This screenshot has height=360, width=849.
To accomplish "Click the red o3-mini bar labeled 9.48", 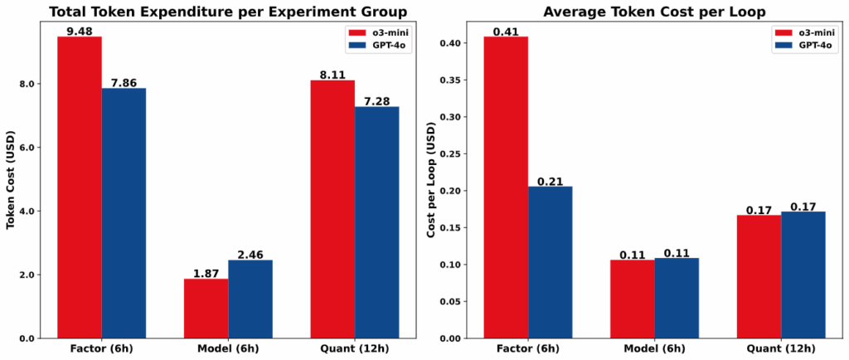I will coord(80,187).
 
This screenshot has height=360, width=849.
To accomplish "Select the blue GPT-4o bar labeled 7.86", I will coord(124,213).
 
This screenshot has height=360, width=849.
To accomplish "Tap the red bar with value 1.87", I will coord(206,309).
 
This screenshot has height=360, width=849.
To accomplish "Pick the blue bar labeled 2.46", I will coord(250,299).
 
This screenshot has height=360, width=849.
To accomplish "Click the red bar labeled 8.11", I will coord(333,209).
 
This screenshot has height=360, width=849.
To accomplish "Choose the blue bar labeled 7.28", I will coord(377,222).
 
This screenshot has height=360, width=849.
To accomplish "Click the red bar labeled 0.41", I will coord(506,187).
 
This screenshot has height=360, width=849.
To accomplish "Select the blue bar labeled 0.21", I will coord(550,262).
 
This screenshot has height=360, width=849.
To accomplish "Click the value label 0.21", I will coord(550,181).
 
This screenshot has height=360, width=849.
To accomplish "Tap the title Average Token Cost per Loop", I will coord(644,12).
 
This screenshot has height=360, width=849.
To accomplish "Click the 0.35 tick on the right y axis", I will coord(454,80).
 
